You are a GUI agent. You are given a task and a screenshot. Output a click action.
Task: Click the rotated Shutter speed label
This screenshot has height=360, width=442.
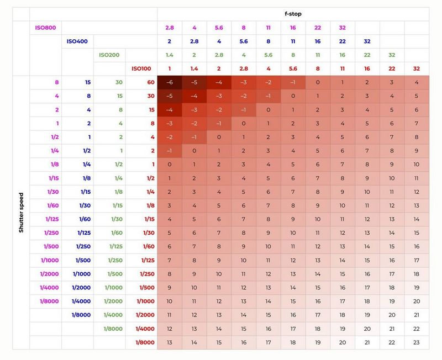[21, 212]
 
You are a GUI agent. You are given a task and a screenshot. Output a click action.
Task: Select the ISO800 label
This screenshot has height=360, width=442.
[46, 28]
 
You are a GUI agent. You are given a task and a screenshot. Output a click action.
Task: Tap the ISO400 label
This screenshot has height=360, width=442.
[78, 41]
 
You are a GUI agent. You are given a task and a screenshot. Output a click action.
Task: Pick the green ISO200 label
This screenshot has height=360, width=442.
[110, 55]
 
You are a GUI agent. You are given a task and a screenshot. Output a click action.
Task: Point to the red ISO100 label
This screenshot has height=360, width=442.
[142, 69]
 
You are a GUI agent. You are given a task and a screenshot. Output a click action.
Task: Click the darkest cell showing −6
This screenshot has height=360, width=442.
[170, 82]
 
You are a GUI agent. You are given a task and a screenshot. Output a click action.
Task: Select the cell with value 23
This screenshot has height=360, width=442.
[417, 342]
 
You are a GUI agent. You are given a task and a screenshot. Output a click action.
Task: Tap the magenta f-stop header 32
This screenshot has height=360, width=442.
[343, 28]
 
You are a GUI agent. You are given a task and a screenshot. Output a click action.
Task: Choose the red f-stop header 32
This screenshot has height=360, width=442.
[417, 69]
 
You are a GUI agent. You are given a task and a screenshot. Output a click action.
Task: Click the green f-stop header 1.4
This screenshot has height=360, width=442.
[170, 55]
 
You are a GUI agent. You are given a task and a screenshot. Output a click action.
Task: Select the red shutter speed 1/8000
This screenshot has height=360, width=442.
[145, 342]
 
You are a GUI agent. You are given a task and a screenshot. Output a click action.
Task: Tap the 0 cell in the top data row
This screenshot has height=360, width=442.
[318, 82]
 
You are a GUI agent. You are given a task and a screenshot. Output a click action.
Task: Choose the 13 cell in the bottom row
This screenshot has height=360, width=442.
[170, 342]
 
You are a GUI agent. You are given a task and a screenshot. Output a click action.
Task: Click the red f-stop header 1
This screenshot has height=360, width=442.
[170, 69]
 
